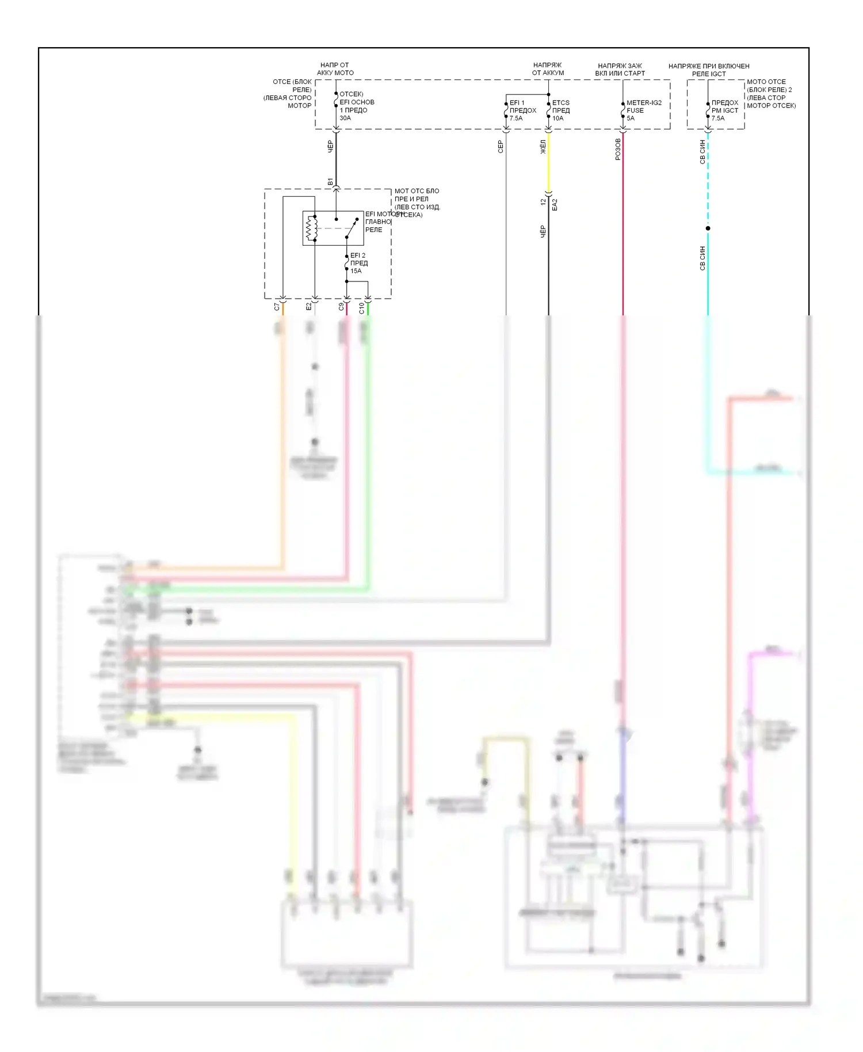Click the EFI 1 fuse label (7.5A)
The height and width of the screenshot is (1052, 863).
tap(522, 110)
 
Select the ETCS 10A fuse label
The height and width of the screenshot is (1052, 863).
tap(561, 110)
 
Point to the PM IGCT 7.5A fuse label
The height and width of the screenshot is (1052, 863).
tap(725, 110)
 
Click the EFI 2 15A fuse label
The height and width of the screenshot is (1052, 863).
tap(358, 263)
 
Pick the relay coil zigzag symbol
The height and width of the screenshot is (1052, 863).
tap(311, 228)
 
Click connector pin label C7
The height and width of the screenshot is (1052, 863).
tap(277, 307)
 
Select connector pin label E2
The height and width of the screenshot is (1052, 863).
tap(308, 307)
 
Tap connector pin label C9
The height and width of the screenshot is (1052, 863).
tap(341, 307)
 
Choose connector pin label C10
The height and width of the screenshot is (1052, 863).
tap(361, 308)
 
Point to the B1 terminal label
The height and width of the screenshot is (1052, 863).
tap(330, 182)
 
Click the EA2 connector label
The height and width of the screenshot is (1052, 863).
tap(555, 204)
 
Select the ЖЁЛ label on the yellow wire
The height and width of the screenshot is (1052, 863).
tap(543, 147)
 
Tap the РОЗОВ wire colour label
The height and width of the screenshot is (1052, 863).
tap(618, 149)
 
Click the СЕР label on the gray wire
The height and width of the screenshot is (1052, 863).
tap(501, 147)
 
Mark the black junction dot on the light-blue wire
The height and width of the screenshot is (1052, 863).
tap(708, 228)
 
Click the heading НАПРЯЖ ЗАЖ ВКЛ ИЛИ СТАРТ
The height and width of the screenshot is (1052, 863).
tap(620, 70)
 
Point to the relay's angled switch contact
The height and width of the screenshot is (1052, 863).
tap(352, 228)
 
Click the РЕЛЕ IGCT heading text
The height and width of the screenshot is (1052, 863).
tap(709, 74)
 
